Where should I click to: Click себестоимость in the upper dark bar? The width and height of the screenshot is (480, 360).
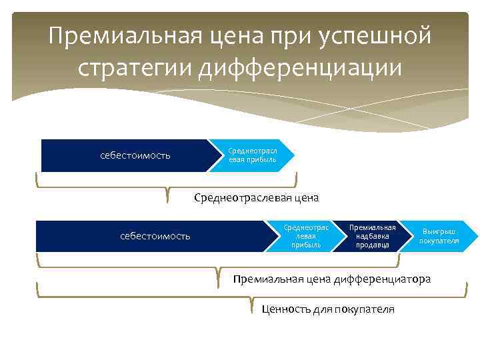tap(135, 156)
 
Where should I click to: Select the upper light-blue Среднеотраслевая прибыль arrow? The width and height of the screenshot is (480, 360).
tap(252, 155)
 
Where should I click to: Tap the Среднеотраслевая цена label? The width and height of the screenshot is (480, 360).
tap(257, 197)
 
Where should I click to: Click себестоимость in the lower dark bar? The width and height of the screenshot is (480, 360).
tap(155, 236)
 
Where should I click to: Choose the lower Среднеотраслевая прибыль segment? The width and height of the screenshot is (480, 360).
tap(306, 236)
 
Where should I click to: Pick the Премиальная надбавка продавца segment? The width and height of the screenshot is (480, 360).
tap(373, 236)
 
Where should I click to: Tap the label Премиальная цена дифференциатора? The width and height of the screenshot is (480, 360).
tap(332, 278)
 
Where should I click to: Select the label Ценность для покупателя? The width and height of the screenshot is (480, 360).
tap(328, 309)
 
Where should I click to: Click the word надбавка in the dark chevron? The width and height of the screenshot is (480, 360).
tap(373, 236)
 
